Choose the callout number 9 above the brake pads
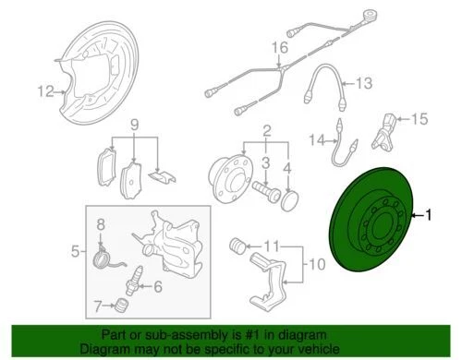click(x=133, y=125)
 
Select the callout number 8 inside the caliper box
click(x=103, y=224)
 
